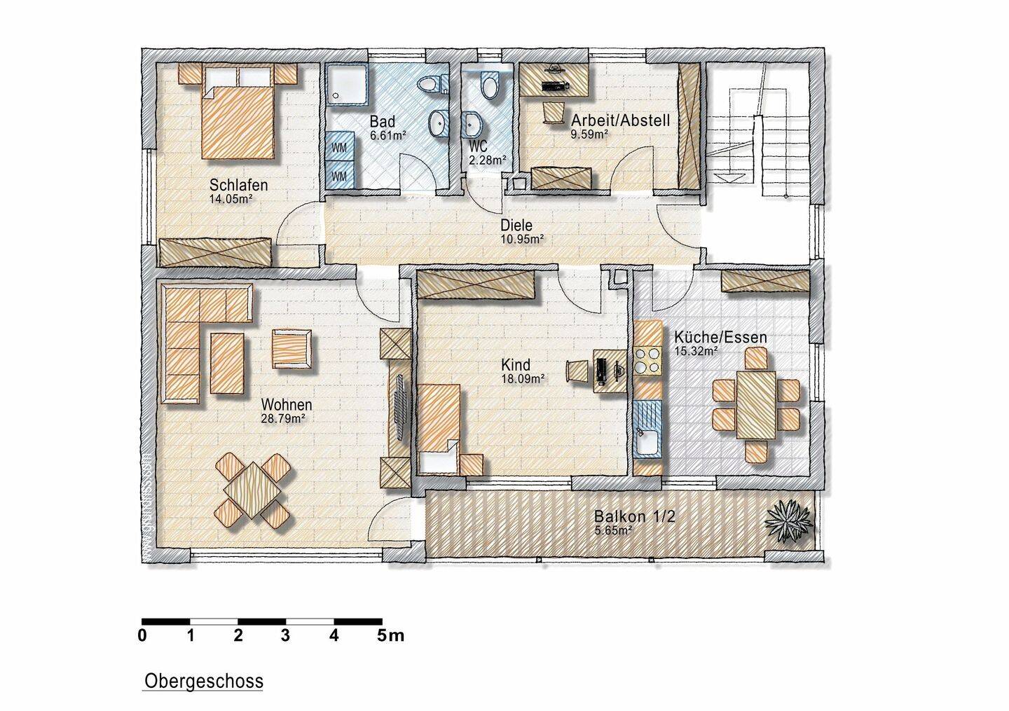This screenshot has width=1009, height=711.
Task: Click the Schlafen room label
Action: tap(239, 185)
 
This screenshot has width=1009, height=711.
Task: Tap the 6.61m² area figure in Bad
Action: tap(388, 134)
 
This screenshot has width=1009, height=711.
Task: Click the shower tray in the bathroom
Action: tap(348, 84)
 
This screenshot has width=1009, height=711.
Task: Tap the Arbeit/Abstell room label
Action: tap(620, 120)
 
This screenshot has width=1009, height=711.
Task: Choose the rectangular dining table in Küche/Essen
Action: tap(756, 405)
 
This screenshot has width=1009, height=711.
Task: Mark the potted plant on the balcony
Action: tap(788, 523)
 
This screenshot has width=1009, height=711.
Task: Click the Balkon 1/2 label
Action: tap(635, 516)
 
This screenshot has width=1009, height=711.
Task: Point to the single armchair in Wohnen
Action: tap(291, 349)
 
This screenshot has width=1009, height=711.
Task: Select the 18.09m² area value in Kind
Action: tap(523, 379)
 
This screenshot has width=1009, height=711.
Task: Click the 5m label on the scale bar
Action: tap(390, 636)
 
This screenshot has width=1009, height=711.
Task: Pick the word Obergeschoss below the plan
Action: tap(204, 682)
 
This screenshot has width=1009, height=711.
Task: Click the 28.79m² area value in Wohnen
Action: tap(283, 419)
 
